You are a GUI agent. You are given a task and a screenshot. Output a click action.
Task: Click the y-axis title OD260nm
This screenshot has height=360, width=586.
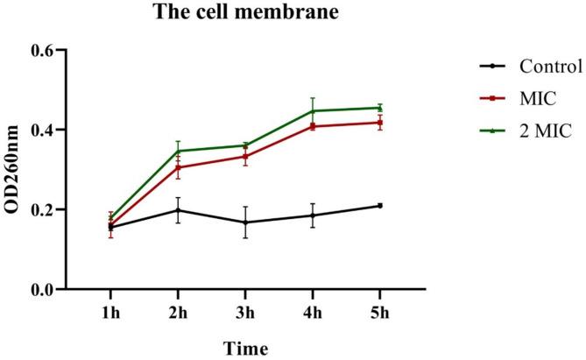pyautogui.click(x=15, y=170)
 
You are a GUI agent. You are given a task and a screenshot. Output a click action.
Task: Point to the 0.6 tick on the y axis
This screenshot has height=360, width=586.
pyautogui.click(x=45, y=51)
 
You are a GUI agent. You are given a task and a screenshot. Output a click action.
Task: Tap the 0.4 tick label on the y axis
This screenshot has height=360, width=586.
pyautogui.click(x=45, y=131)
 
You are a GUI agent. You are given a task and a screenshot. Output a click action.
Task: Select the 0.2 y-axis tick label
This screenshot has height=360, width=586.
pyautogui.click(x=45, y=210)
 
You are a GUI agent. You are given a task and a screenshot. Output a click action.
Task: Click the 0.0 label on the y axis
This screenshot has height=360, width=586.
pyautogui.click(x=45, y=289)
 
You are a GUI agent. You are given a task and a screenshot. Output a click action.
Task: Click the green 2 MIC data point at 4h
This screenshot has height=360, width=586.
pyautogui.click(x=313, y=111)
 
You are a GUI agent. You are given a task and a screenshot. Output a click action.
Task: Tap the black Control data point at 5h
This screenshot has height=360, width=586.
pyautogui.click(x=380, y=206)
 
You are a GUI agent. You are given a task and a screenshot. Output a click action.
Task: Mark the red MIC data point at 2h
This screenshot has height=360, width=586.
pyautogui.click(x=178, y=167)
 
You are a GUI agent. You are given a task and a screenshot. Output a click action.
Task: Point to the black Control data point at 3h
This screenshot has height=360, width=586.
pyautogui.click(x=245, y=222)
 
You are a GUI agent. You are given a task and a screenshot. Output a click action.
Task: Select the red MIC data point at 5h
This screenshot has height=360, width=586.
pyautogui.click(x=380, y=123)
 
